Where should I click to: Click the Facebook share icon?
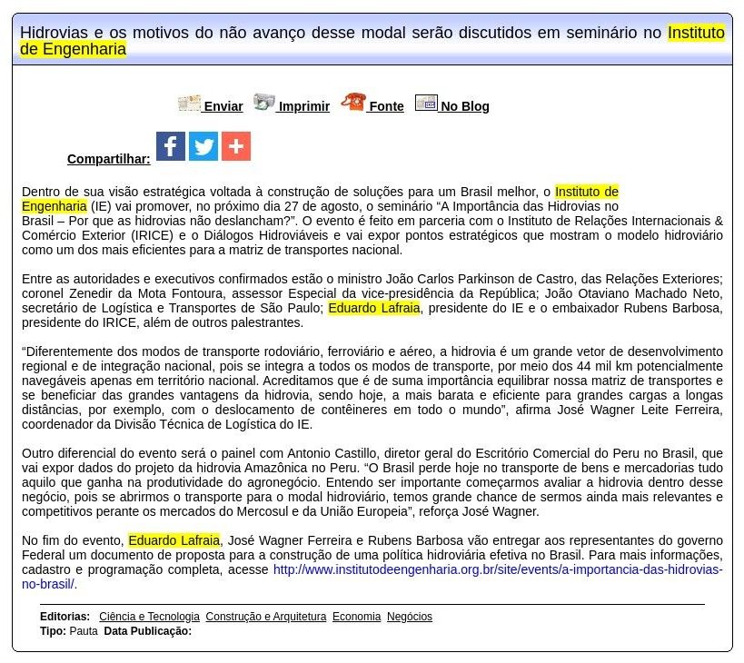coord(171,146)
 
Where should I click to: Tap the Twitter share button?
coord(203,146)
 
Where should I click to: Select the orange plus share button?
coord(236,146)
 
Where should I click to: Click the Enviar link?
coord(223,106)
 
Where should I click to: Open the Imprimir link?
coord(303,106)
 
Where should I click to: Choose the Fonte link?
coord(386,106)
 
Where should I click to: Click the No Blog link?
coord(464,106)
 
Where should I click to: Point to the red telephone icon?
coord(352,103)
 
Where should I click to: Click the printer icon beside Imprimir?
coord(263,103)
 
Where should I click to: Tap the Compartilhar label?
coord(108,159)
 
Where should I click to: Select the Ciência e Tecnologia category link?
coord(149,617)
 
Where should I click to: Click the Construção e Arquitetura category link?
coord(265,617)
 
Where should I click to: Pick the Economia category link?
coord(356,617)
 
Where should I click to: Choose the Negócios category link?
coord(409,617)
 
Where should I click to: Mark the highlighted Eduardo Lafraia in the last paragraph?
coord(174,540)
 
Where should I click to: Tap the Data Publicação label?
coord(147,631)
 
